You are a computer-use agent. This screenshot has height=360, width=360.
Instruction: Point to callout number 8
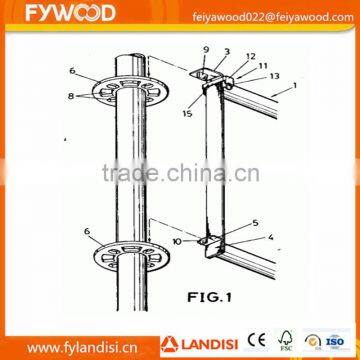(71, 96)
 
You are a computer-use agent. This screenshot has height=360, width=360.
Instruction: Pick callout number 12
(250, 56)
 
